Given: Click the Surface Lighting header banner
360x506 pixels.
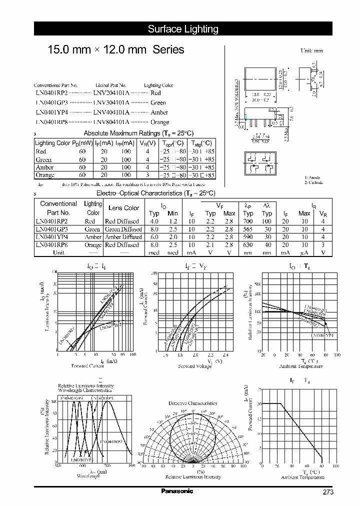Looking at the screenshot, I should (x=183, y=29).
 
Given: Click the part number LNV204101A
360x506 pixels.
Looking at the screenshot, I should (x=111, y=93).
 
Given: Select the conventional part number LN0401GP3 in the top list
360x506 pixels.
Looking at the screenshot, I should (x=50, y=102).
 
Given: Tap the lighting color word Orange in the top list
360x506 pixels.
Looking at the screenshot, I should (x=159, y=122).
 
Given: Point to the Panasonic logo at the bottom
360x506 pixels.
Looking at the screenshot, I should (x=176, y=491).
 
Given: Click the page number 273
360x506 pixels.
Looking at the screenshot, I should (x=328, y=492).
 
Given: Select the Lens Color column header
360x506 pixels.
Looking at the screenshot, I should (x=124, y=208).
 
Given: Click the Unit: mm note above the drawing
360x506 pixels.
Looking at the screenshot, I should (x=311, y=50).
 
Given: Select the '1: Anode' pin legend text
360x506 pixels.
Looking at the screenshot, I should (x=314, y=177).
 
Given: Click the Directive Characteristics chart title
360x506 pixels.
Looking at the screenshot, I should (x=192, y=403).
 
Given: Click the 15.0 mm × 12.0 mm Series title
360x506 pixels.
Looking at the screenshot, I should (x=115, y=50).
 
